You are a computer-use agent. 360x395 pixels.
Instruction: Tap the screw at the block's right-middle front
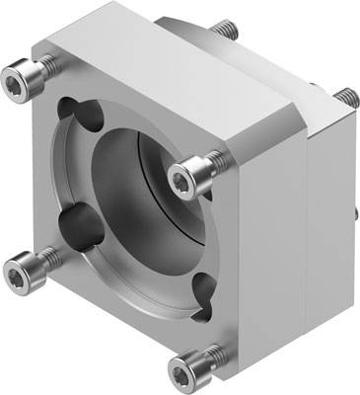(186, 178)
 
